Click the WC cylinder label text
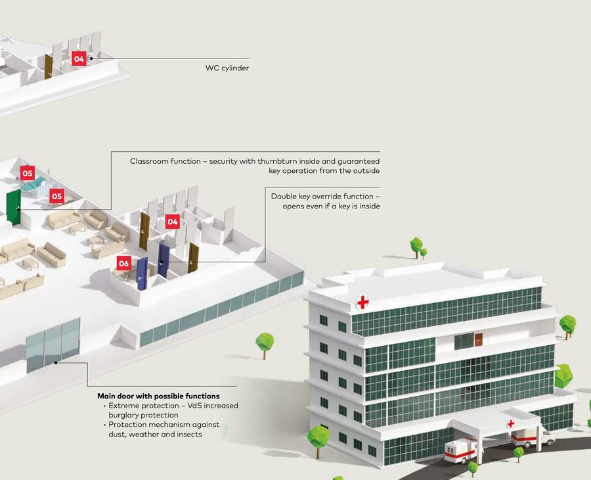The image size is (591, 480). tap(227, 68)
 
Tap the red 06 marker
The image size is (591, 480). tap(123, 263)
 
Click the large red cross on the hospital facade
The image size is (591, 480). tap(362, 302)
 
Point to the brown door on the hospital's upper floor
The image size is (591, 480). tap(478, 341)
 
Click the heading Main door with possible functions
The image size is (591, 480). tap(158, 396)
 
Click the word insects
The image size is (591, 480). tap(188, 434)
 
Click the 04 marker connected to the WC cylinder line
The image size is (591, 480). tap(79, 59)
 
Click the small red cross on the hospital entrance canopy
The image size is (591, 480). tap(510, 424)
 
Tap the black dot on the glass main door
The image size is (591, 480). tap(56, 362)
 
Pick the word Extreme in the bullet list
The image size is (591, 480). tap(125, 406)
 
